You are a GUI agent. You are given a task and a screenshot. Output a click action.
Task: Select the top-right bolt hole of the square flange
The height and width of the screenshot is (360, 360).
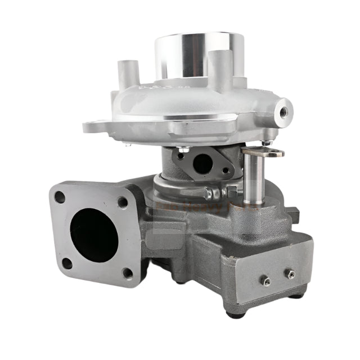tap(123, 201)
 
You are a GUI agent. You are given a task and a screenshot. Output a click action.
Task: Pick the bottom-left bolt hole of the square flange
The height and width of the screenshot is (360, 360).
tap(66, 263)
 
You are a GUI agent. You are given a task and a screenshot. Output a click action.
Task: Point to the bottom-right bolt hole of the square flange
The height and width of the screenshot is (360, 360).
tap(128, 273)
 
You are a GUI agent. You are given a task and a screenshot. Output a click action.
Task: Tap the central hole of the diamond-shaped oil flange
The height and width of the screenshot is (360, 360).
tap(202, 164)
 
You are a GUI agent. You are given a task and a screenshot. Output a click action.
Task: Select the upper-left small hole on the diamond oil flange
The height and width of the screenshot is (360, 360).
tap(181, 156)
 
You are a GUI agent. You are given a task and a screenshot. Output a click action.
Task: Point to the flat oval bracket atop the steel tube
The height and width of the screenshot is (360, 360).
tap(264, 151)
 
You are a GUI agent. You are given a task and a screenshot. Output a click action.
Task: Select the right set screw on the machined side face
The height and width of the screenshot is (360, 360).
tap(290, 274)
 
